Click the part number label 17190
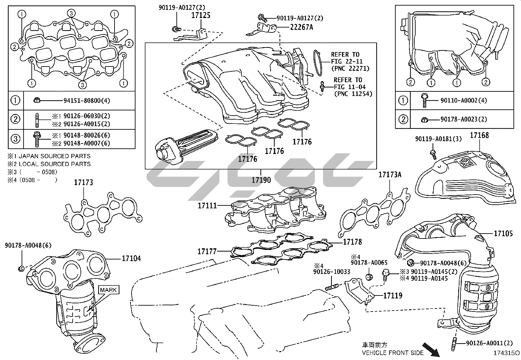(x=261, y=180)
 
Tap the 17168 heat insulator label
(x=479, y=135)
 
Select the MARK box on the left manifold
(x=108, y=290)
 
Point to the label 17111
(x=207, y=206)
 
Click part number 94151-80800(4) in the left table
(x=87, y=101)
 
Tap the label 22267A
(x=301, y=27)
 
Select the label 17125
(x=201, y=15)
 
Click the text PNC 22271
(x=352, y=68)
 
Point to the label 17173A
(x=390, y=175)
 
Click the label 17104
(x=131, y=258)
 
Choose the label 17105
(x=503, y=233)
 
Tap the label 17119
(x=393, y=295)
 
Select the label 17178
(x=352, y=242)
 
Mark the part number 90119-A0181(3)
(x=439, y=139)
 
